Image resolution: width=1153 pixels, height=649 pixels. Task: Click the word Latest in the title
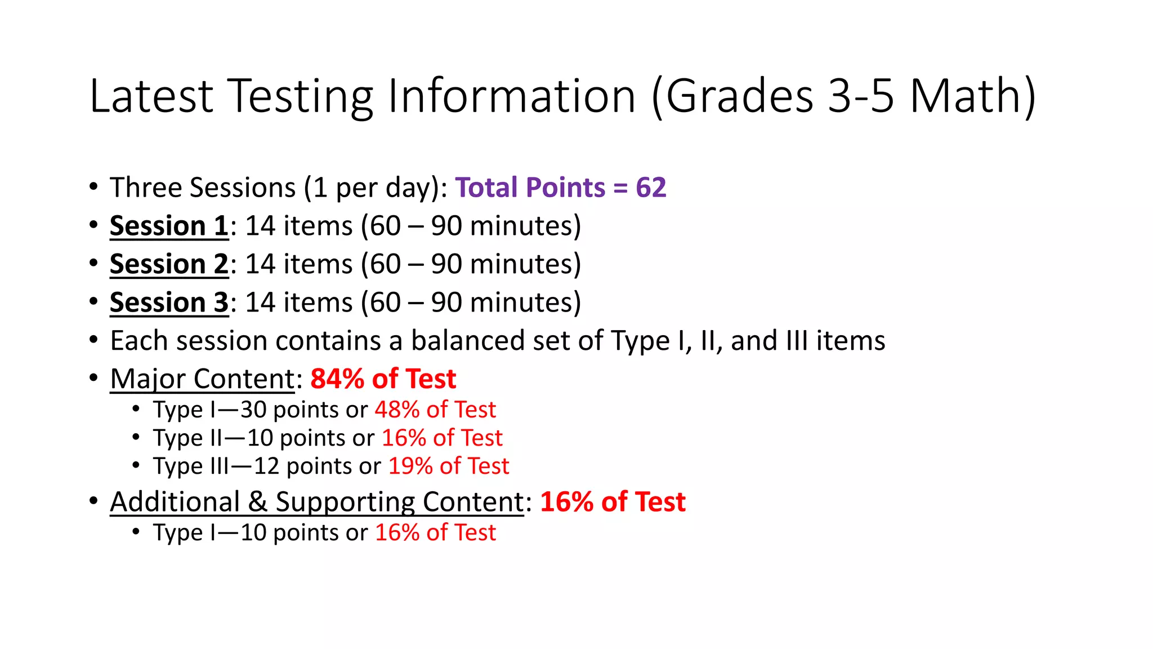pos(151,96)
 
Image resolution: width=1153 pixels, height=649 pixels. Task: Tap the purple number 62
pos(651,188)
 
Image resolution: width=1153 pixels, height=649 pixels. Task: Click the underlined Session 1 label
pos(169,226)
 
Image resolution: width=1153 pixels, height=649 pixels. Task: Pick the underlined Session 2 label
pos(169,264)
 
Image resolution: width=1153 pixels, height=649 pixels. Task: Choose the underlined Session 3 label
pos(169,303)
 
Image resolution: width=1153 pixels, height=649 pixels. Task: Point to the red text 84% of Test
pos(383,379)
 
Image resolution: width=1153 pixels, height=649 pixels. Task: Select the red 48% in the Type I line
pos(397,410)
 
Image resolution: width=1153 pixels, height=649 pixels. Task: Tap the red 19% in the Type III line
pos(410,466)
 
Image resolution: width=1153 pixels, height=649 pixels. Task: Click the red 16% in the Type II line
pos(404,438)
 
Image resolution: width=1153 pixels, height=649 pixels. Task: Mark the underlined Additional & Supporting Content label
pos(317,501)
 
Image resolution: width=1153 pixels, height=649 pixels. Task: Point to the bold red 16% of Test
pos(613,501)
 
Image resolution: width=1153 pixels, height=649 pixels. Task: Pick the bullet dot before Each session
pos(93,340)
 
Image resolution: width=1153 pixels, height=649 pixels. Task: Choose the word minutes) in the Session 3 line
pos(525,303)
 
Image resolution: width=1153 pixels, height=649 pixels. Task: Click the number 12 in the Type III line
pos(266,466)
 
